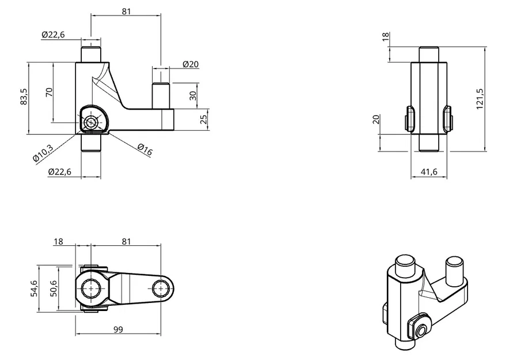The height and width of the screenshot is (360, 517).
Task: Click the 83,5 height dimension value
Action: pyautogui.click(x=23, y=96)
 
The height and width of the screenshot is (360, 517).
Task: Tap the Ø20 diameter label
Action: pyautogui.click(x=191, y=64)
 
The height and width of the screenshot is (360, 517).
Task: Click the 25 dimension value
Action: pyautogui.click(x=203, y=119)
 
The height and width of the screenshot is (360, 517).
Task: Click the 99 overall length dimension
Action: pyautogui.click(x=119, y=329)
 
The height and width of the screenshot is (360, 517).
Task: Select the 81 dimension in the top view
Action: pyautogui.click(x=127, y=242)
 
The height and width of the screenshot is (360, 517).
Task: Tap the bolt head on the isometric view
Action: pyautogui.click(x=422, y=330)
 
